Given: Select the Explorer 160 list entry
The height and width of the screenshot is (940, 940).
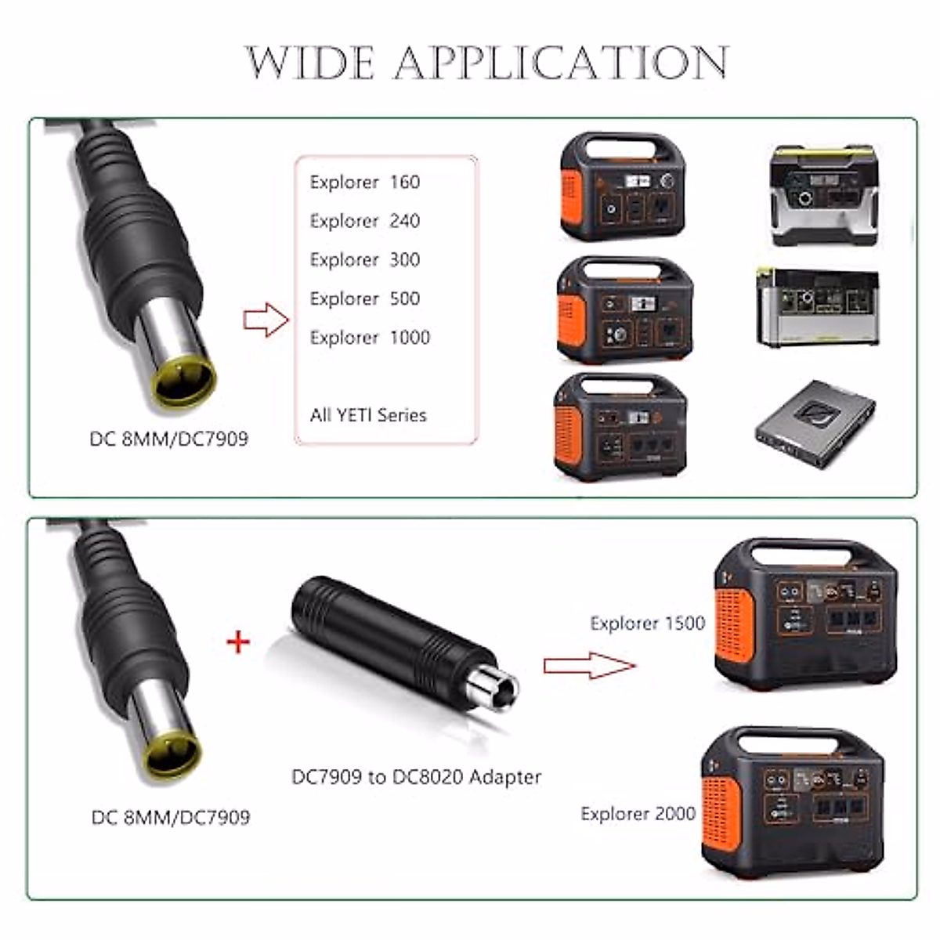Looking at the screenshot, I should (365, 182).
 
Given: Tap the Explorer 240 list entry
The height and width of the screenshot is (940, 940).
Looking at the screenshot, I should (365, 221).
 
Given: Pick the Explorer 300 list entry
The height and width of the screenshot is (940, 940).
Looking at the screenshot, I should (365, 259).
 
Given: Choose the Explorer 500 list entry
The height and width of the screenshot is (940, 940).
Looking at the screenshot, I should (365, 298).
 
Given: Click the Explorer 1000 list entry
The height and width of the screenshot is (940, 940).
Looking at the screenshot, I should (370, 338).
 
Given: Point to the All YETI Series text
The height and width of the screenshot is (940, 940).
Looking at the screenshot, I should (368, 415).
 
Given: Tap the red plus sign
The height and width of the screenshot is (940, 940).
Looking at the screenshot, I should (238, 642).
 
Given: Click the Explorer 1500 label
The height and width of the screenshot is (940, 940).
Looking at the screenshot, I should (648, 624).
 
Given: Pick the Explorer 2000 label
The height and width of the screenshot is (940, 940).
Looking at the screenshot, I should (638, 814).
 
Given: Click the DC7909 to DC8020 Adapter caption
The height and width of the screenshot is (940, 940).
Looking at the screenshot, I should (417, 777).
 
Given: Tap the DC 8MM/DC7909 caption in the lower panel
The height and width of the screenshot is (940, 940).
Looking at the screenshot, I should (171, 818).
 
